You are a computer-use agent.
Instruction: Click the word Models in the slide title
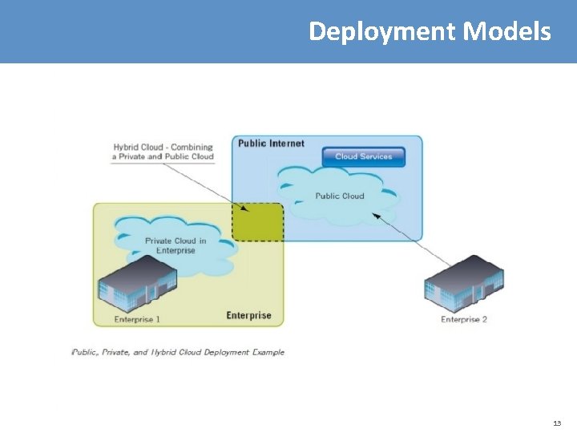click(506, 31)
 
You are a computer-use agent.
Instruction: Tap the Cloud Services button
click(363, 156)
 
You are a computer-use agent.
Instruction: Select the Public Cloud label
click(340, 196)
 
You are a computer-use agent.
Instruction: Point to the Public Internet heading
click(271, 144)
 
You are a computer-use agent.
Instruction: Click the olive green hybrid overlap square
click(258, 222)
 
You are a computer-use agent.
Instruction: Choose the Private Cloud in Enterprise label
click(175, 245)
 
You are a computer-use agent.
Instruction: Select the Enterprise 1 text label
click(137, 319)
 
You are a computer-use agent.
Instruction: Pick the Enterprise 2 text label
click(464, 319)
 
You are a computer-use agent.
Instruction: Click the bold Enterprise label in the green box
click(248, 315)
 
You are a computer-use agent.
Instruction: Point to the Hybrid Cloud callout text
click(163, 152)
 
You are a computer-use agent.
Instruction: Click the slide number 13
click(557, 423)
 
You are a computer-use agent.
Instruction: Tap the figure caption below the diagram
click(178, 352)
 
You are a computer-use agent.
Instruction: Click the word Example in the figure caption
click(266, 352)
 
